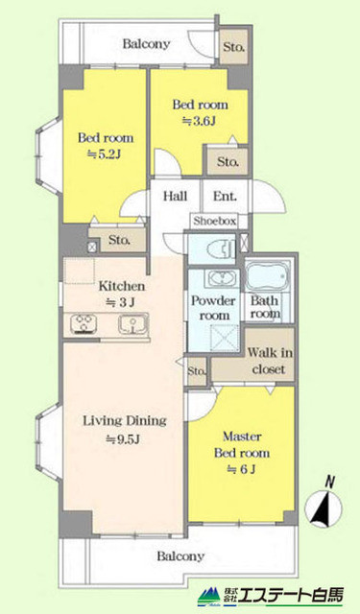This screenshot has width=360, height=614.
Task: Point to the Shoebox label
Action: [214, 221]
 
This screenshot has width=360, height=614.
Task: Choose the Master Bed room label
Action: [240, 453]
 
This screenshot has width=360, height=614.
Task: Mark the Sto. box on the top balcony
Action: [233, 45]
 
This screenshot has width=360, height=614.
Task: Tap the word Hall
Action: [174, 197]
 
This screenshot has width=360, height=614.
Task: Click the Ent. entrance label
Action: [225, 197]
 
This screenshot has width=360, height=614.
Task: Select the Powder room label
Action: [211, 307]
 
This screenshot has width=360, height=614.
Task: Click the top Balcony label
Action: [146, 43]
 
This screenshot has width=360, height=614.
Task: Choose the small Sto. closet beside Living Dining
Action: [197, 369]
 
